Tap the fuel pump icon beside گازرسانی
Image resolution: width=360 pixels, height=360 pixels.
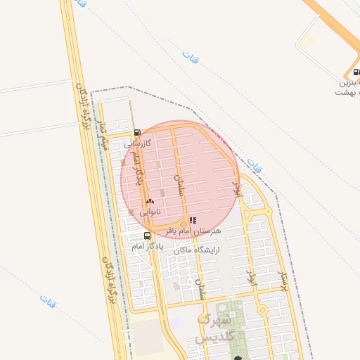pyautogui.click(x=137, y=132)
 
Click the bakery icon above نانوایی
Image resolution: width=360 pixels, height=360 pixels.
pyautogui.click(x=150, y=201)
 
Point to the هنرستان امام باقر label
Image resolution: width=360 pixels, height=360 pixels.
pyautogui.click(x=193, y=231)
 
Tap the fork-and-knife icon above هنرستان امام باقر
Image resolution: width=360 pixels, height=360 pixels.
pyautogui.click(x=193, y=220)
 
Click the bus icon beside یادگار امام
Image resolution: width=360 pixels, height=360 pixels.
pyautogui.click(x=147, y=236)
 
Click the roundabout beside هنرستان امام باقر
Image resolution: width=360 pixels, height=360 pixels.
pyautogui.click(x=184, y=224)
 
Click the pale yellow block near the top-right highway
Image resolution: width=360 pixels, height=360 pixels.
pyautogui.click(x=307, y=41)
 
